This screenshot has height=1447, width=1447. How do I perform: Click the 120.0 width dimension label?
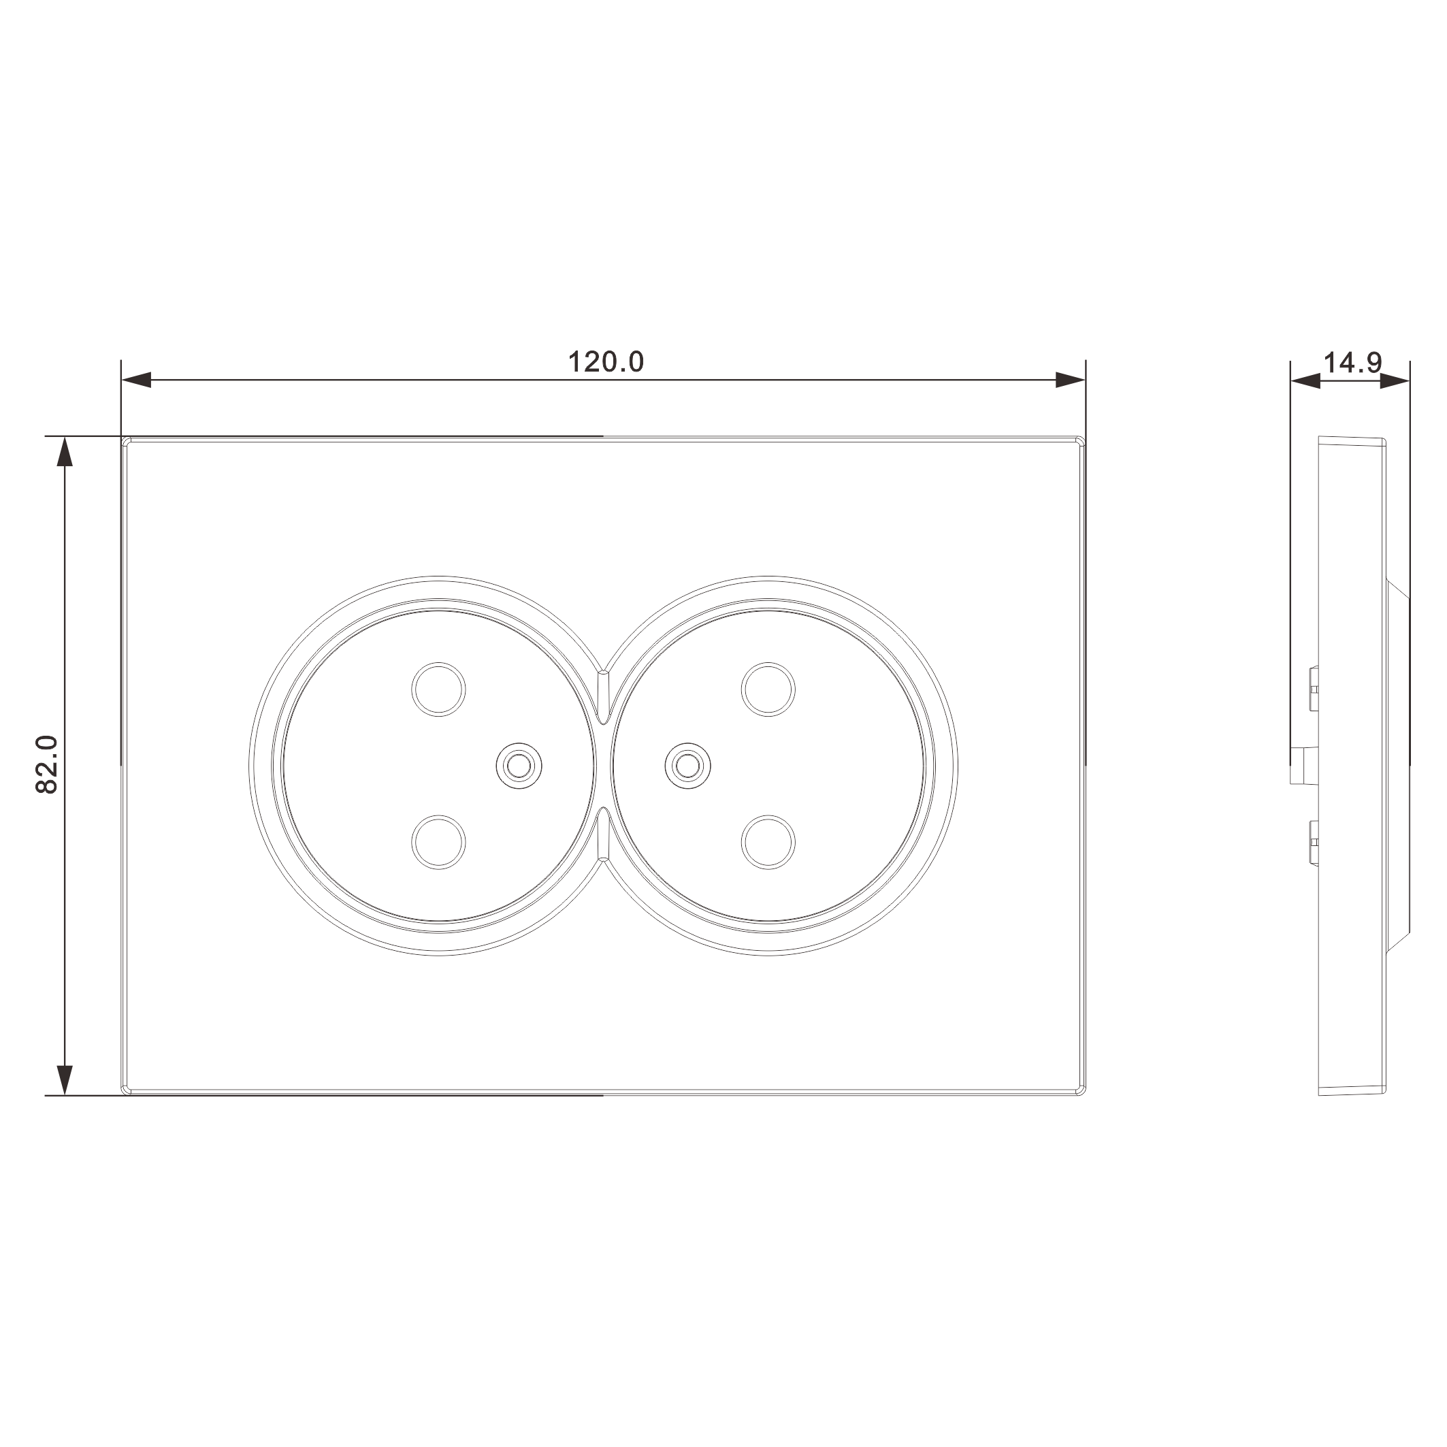tap(605, 363)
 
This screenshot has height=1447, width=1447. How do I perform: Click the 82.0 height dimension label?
tap(47, 765)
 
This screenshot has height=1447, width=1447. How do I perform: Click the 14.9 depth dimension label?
tap(1352, 363)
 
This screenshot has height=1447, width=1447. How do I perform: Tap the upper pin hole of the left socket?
tap(439, 689)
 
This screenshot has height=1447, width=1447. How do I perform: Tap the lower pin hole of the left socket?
tap(439, 843)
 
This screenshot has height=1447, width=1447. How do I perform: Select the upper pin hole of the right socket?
tap(768, 689)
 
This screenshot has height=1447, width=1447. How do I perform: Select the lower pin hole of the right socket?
tap(768, 843)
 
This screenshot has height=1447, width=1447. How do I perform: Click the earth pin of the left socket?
tap(519, 766)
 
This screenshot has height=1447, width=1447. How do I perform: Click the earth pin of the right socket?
tap(688, 766)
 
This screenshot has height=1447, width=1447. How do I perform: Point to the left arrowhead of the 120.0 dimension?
tap(136, 380)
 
